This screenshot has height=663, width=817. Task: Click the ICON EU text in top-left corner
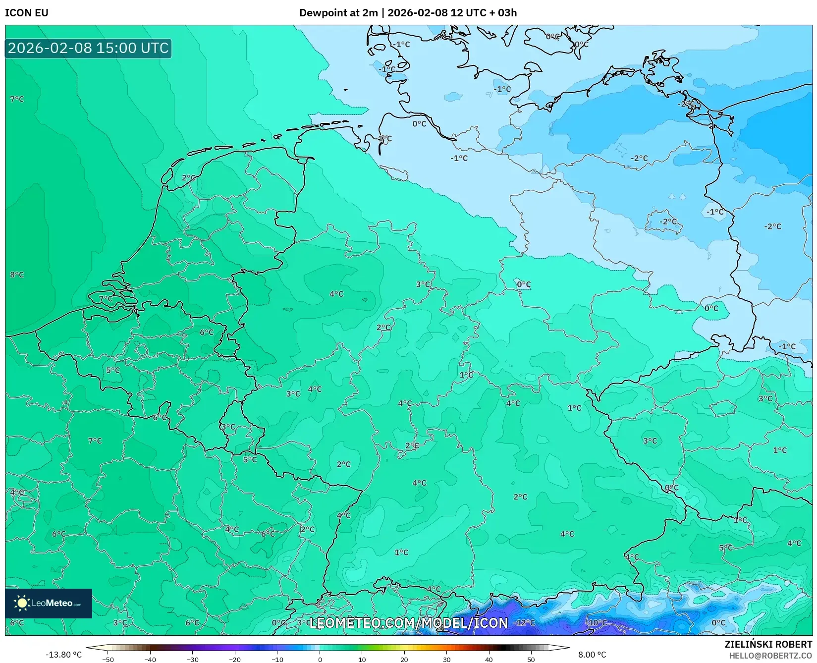pos(27,13)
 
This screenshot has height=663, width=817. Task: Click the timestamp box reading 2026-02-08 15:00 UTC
pos(88,48)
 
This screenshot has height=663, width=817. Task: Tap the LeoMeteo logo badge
pos(49,603)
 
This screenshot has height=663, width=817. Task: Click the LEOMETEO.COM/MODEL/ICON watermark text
pos(409,623)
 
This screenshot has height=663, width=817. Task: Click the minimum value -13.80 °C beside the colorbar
pos(63,655)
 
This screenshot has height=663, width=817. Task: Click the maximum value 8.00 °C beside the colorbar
pos(592,655)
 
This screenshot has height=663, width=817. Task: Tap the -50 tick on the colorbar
pos(108,660)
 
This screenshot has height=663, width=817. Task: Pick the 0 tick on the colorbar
pos(320,660)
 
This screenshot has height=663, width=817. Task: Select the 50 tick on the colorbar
pos(531,660)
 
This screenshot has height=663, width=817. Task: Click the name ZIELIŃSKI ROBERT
pos(768,644)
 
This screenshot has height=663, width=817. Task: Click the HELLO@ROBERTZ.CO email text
pos(770,656)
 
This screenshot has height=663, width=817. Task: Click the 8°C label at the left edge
pos(17,275)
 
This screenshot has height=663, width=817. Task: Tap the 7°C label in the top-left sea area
pos(17,99)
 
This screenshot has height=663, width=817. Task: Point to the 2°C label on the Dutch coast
pos(188,178)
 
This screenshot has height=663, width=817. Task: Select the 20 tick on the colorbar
pos(404,660)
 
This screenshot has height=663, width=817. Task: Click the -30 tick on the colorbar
pos(193,660)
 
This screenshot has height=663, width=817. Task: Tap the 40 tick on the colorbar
pos(489,660)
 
